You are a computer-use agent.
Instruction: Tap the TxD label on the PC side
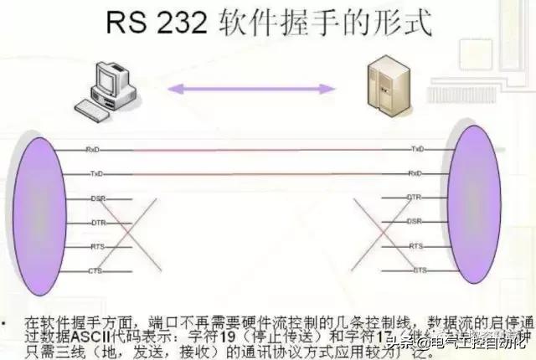pos(95,173)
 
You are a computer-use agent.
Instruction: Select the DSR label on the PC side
pos(97,198)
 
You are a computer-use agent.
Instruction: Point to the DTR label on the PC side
pos(97,223)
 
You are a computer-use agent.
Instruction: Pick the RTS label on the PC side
pos(97,248)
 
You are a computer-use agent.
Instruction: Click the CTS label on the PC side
pos(95,271)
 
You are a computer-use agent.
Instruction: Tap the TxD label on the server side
pos(416,148)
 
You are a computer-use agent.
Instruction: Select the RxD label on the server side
pos(415,173)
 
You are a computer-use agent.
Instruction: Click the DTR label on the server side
pos(414,198)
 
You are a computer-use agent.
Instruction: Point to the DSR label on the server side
pos(414,222)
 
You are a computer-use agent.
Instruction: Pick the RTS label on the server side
pos(415,247)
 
